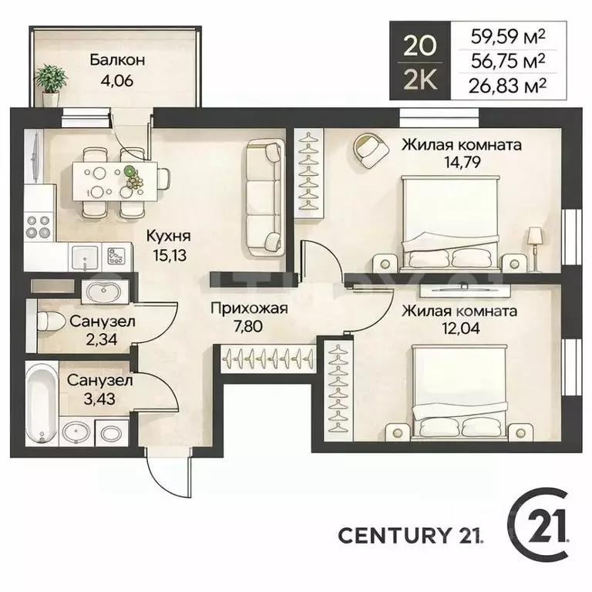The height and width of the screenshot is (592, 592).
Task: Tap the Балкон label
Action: coord(117,60)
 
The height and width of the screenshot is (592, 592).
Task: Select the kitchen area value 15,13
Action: coord(170,256)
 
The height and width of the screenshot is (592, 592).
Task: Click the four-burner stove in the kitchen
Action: coord(38,226)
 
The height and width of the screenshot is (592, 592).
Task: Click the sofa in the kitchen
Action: coord(266,198)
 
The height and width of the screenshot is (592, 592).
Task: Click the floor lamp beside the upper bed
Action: coord(535,249)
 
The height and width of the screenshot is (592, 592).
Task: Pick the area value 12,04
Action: coord(461,328)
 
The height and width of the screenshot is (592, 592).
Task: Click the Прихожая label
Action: coord(249,308)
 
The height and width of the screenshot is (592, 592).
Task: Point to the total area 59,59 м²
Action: coord(508,37)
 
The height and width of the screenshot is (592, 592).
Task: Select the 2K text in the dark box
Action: coord(420,80)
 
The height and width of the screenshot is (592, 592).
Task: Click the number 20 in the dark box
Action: coord(419,46)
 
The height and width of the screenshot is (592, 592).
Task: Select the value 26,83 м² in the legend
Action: coord(507,86)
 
